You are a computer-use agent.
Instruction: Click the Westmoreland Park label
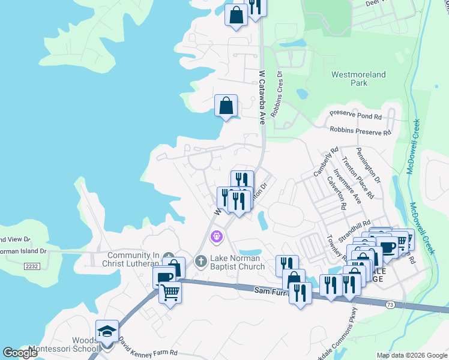(359, 79)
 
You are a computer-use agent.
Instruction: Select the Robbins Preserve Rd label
(360, 130)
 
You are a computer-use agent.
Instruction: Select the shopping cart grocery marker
(170, 293)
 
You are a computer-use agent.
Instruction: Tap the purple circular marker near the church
(217, 237)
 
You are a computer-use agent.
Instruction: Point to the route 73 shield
(391, 305)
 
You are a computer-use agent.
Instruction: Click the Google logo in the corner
(20, 353)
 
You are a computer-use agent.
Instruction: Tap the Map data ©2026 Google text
(412, 355)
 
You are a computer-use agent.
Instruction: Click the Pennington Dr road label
(368, 166)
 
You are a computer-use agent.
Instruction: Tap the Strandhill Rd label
(355, 224)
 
